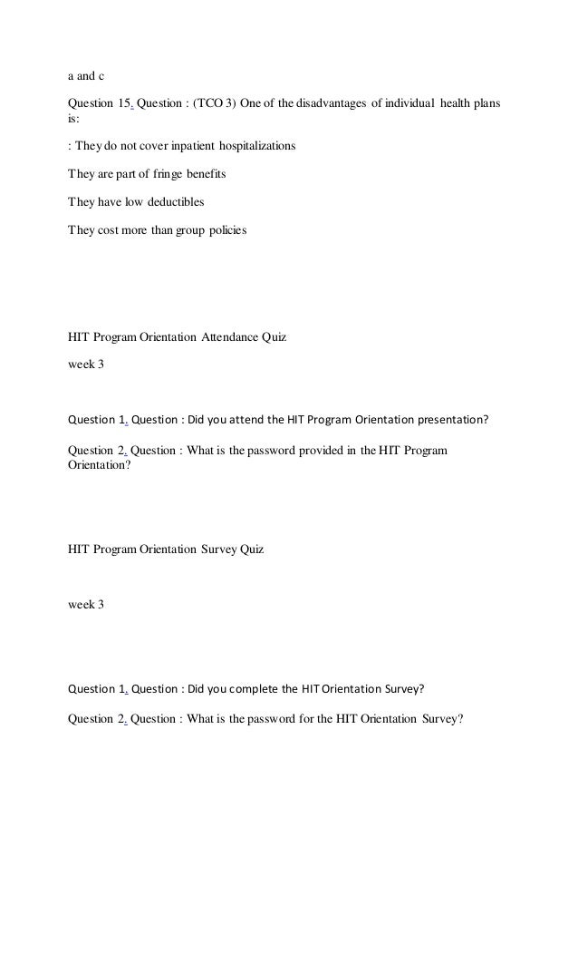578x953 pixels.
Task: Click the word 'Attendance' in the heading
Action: pos(236,338)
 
